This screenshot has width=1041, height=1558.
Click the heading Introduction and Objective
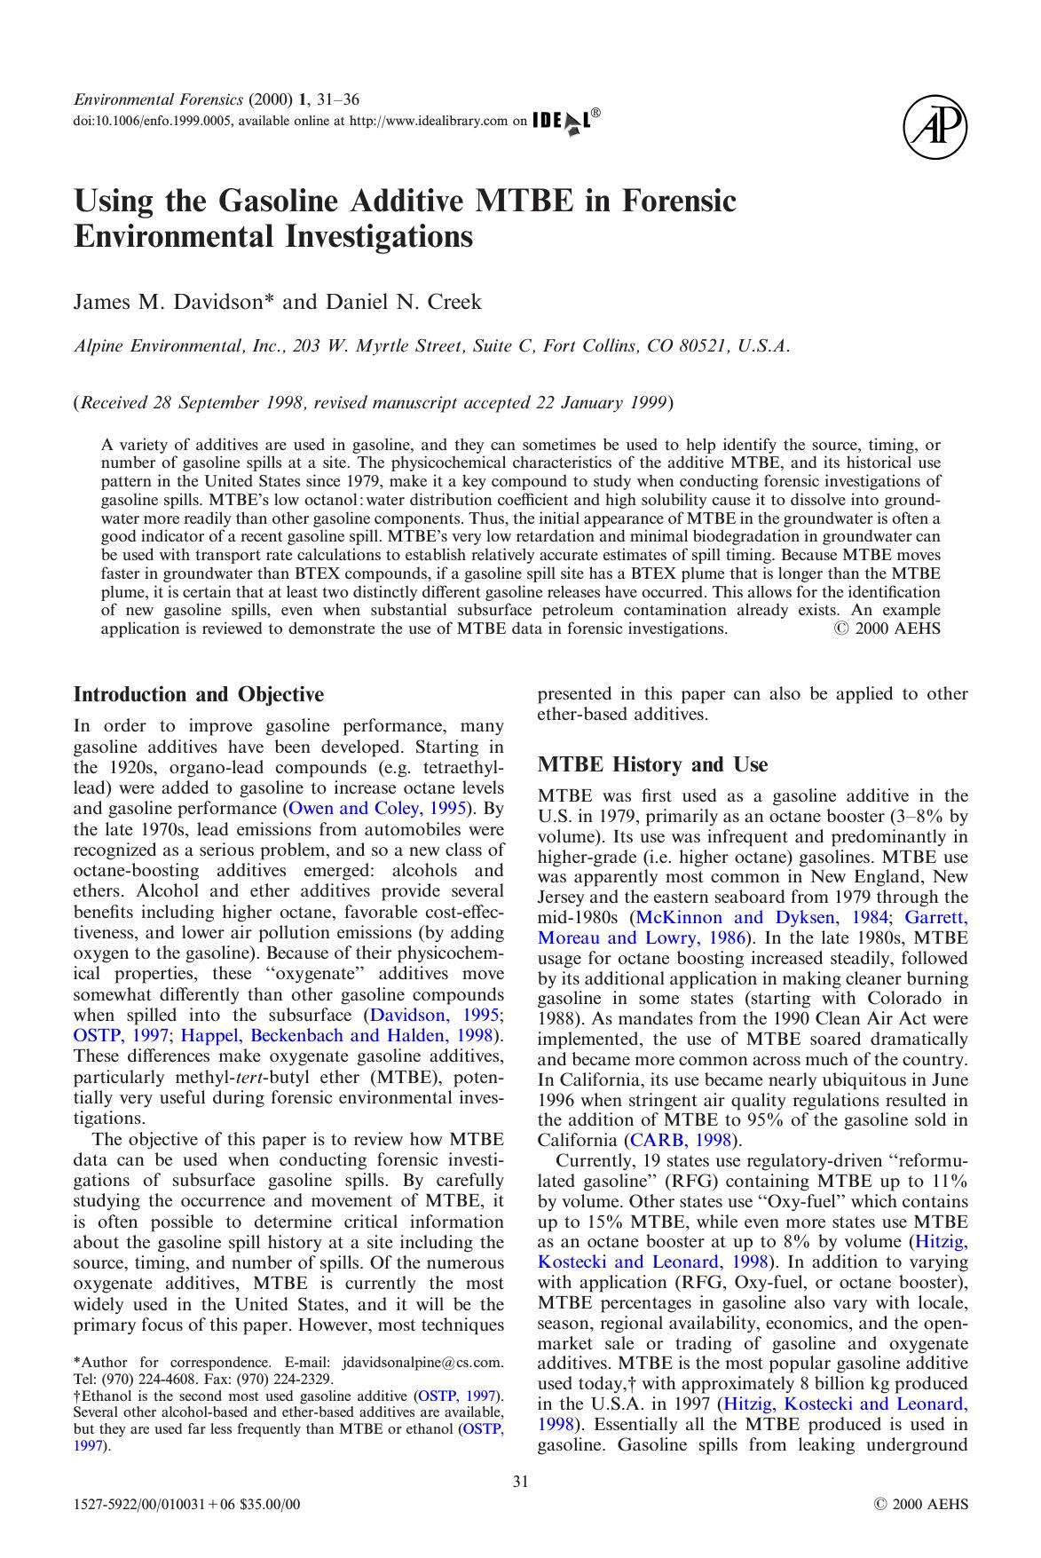[x=198, y=694]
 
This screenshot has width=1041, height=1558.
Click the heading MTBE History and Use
[x=652, y=764]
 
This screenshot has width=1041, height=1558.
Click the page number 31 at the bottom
[x=521, y=1481]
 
